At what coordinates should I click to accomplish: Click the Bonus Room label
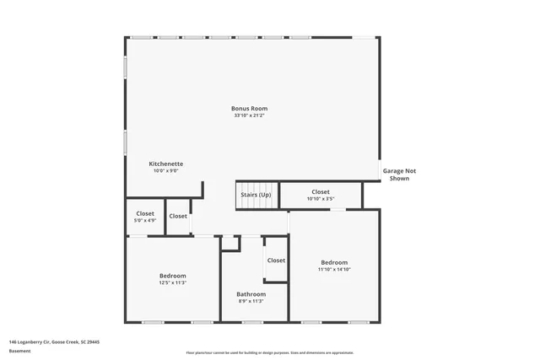[x=250, y=108]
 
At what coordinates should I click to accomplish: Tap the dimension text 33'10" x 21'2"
[x=250, y=116]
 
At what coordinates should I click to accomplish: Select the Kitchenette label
[x=166, y=164]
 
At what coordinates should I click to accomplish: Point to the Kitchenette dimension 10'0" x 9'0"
[x=166, y=171]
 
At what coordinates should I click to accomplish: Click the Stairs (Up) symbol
[x=256, y=195]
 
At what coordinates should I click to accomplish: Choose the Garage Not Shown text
[x=399, y=175]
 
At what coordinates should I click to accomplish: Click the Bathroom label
[x=251, y=293]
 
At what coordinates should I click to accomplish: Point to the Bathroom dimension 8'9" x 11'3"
[x=251, y=301]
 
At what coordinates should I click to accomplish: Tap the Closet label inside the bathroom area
[x=276, y=261]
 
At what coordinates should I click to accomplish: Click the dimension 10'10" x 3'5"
[x=321, y=199]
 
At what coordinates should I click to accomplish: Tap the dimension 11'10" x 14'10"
[x=333, y=270]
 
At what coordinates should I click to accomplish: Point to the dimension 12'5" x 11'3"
[x=173, y=282]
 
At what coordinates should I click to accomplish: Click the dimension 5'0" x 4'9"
[x=145, y=221]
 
